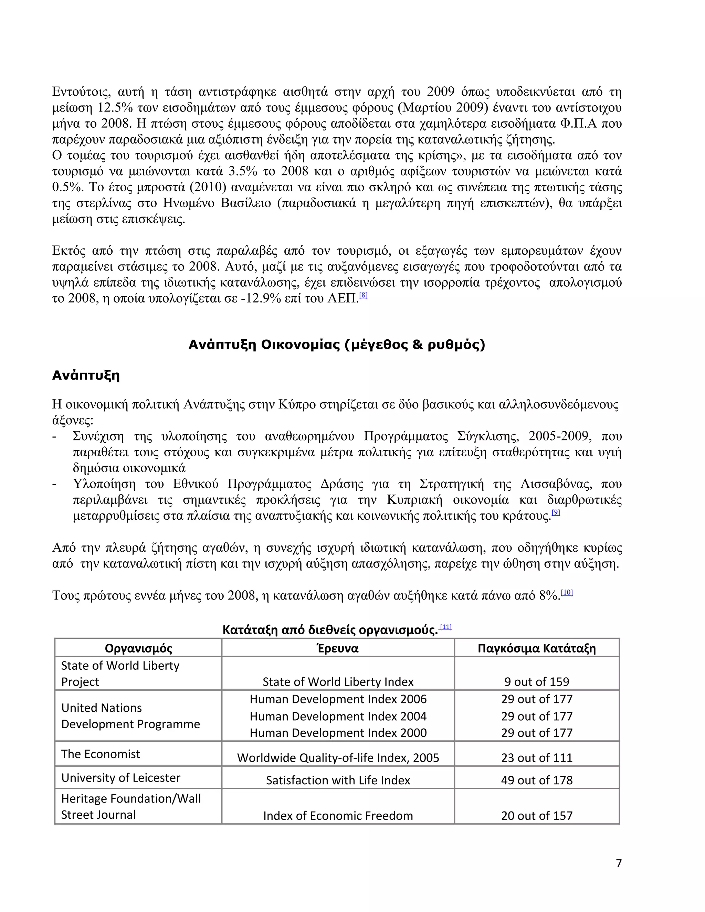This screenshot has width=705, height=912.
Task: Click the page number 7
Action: point(619,863)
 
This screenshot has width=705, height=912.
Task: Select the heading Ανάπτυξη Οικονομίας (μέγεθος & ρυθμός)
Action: point(337,345)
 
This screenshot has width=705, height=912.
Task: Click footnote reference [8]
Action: point(364,295)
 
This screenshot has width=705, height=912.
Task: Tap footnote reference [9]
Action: point(556,512)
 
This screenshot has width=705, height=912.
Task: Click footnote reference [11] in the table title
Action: point(446,627)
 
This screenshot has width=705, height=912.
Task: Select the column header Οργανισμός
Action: point(138,648)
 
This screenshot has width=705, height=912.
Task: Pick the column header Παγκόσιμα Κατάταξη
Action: point(537,648)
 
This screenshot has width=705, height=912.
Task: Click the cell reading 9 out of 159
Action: point(537,681)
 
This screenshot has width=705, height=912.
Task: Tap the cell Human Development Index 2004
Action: point(338,716)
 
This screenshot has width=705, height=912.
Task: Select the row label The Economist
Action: point(101,754)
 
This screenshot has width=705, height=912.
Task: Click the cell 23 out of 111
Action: point(537,757)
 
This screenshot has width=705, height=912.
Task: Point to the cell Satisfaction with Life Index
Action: point(338,780)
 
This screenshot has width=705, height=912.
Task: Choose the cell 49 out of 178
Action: point(537,780)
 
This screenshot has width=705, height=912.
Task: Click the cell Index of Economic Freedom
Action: point(338,816)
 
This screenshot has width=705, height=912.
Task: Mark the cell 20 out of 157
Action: point(537,816)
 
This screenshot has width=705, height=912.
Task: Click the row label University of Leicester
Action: point(121,777)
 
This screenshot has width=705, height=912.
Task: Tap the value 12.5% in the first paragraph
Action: point(115,108)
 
